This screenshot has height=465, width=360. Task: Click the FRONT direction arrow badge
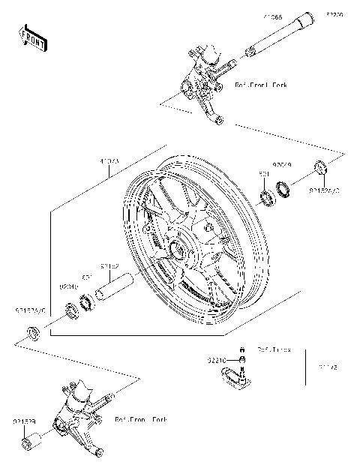pos(33,38)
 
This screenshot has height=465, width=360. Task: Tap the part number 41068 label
pos(273,15)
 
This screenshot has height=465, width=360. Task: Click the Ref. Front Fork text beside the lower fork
pos(142,420)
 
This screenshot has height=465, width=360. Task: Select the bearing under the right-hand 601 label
pos(266,199)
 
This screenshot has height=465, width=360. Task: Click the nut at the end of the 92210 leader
pos(241,361)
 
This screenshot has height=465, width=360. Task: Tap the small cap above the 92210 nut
pos(241,349)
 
